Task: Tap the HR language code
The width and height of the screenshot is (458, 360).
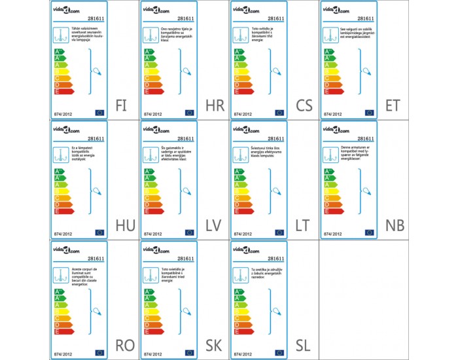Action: tap(215, 105)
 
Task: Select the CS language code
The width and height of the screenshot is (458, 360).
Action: tap(304, 105)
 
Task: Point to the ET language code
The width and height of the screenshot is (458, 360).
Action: tap(394, 105)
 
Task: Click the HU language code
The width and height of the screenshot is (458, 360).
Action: tap(124, 226)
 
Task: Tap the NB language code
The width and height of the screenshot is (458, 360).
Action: tap(395, 226)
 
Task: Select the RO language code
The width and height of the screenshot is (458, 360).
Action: tap(124, 346)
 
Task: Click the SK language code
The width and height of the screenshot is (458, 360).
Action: tap(214, 346)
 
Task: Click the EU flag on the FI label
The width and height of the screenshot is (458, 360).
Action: tap(99, 113)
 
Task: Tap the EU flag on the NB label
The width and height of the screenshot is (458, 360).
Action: tap(370, 232)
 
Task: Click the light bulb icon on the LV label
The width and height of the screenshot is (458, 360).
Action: tap(186, 190)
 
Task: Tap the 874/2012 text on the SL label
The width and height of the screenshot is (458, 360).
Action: tap(243, 353)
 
